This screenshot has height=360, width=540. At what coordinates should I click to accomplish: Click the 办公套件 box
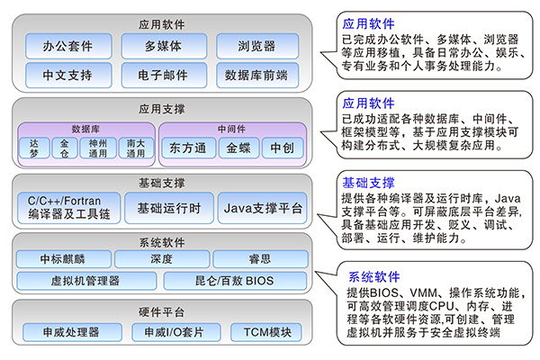[x=67, y=45]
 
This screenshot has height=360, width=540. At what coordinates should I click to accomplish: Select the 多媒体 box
[x=163, y=45]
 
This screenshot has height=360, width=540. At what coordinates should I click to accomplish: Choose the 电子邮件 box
[x=163, y=74]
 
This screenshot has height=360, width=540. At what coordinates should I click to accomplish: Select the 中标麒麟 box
[x=67, y=259]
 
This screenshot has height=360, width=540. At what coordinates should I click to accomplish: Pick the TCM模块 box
[x=262, y=332]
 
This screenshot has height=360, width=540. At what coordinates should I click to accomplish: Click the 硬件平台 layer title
[x=163, y=312]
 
